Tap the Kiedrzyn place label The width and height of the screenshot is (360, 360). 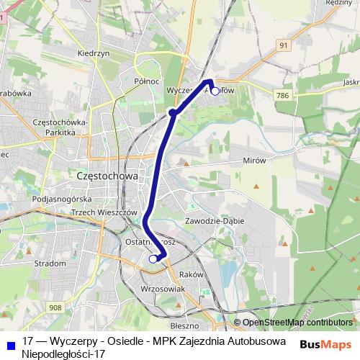[x=92, y=53]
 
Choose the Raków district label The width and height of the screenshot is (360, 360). [x=192, y=274]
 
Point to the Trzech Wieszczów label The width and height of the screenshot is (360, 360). [x=104, y=212]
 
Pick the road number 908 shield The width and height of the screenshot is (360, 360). [x=56, y=307]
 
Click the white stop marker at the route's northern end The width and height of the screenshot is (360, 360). [x=215, y=91]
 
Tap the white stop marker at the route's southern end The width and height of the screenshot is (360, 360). [x=153, y=258]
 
